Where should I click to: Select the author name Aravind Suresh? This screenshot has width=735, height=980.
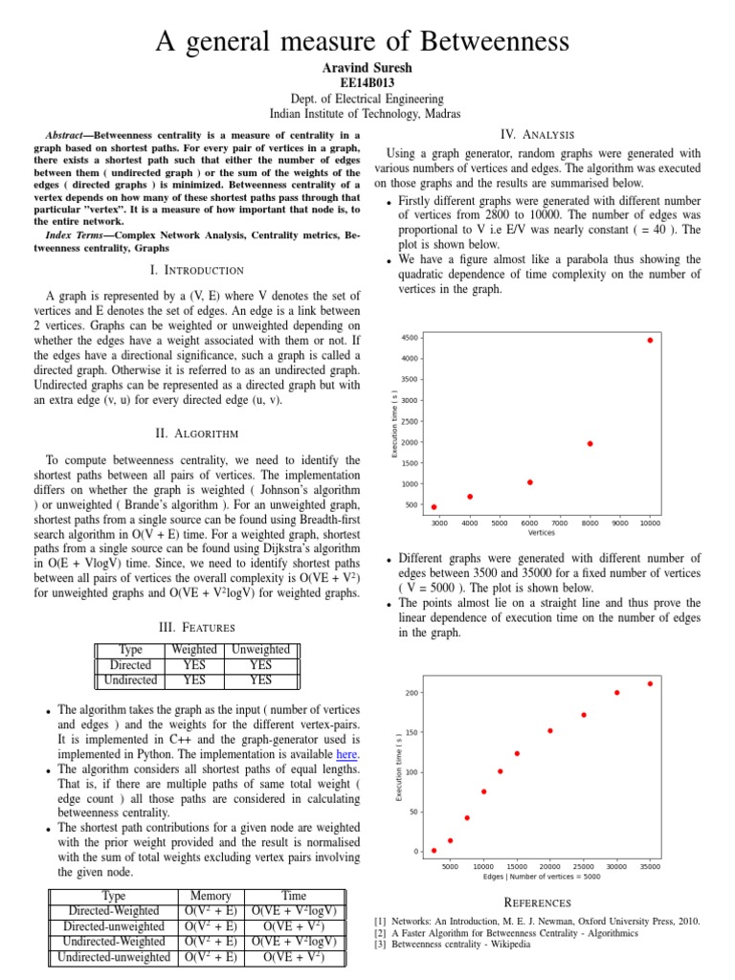coord(367,68)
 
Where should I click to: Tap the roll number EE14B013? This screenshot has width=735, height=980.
coord(367,83)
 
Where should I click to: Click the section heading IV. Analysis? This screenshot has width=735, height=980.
coord(537,133)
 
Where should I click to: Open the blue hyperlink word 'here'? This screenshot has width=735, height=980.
coord(347,754)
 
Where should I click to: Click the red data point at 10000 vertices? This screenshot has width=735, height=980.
coord(650,340)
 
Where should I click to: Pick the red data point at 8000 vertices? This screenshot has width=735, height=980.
coord(590,444)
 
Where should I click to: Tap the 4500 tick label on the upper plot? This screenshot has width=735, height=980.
coord(410,339)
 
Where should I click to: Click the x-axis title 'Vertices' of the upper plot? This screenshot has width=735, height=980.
coord(542,533)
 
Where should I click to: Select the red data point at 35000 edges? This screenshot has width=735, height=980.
coord(650,683)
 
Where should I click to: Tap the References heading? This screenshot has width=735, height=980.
coord(537,902)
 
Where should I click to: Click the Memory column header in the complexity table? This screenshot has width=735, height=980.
coord(211,896)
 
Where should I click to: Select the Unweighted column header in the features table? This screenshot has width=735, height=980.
coord(260,650)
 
